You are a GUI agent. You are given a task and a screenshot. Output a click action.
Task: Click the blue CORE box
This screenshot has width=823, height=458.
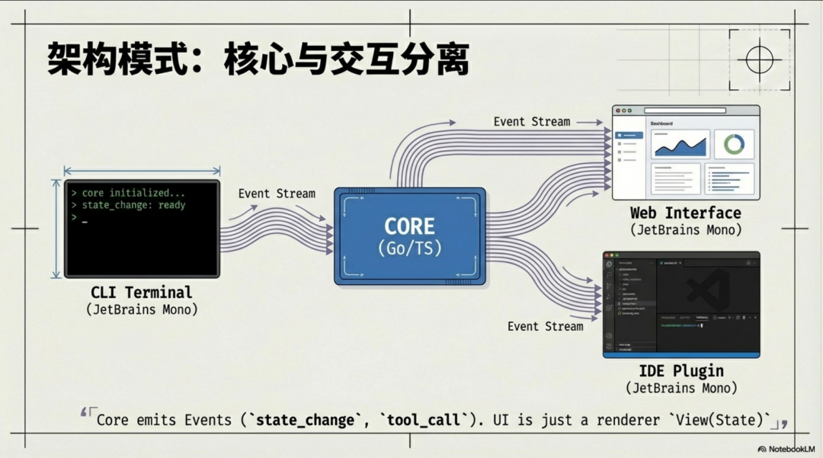point(409,236)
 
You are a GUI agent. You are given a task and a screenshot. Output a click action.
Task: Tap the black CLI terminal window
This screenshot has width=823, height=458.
point(142,229)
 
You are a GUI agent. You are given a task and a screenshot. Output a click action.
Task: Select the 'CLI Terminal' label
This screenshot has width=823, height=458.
point(142,292)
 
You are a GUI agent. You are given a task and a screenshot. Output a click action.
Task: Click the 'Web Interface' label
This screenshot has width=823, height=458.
point(685,213)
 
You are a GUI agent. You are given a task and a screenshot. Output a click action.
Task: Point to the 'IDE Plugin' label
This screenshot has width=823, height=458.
point(682,371)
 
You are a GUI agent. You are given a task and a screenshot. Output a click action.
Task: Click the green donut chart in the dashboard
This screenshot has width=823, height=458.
point(734,144)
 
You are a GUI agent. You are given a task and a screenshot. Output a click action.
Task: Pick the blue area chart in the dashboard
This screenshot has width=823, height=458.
point(680,145)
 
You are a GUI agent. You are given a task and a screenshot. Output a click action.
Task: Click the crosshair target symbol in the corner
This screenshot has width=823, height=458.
point(759,59)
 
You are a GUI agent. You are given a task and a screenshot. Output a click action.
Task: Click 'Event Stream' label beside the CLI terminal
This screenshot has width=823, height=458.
point(277,194)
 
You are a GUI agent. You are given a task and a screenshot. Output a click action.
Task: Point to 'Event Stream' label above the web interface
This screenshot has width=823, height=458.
point(531,121)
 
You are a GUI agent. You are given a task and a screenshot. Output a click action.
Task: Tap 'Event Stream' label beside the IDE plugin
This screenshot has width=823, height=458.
point(545,326)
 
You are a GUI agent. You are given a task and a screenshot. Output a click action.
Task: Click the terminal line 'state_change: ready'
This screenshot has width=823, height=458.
point(133,205)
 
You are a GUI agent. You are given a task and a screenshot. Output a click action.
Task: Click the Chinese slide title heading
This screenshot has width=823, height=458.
point(258,59)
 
